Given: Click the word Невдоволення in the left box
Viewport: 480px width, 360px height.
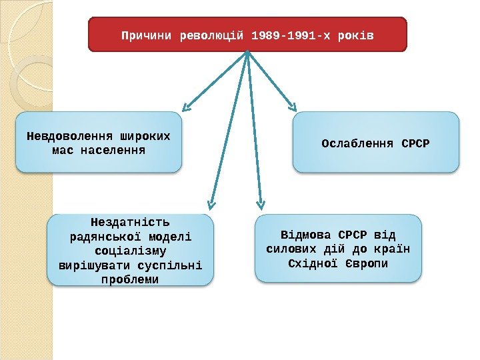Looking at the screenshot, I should [69, 136].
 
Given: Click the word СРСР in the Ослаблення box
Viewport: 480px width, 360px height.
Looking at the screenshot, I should [416, 143].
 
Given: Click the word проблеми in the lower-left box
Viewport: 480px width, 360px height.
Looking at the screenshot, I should [130, 279].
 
